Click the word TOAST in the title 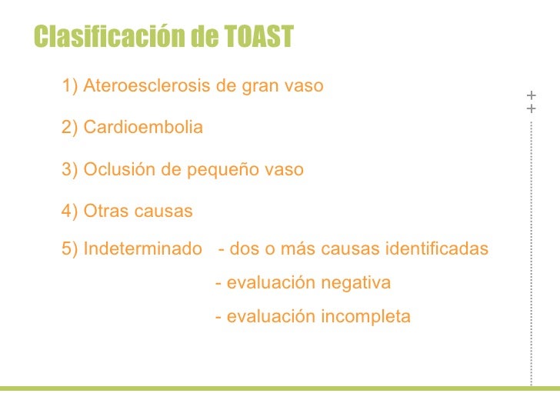(261, 36)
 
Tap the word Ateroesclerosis (147, 86)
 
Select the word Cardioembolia (143, 128)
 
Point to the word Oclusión (116, 169)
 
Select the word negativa (356, 283)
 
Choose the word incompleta (367, 316)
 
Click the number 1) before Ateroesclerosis (70, 86)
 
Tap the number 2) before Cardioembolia (70, 128)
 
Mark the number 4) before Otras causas (70, 211)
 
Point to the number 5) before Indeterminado (70, 249)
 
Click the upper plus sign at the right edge (531, 95)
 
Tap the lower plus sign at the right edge (531, 109)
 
